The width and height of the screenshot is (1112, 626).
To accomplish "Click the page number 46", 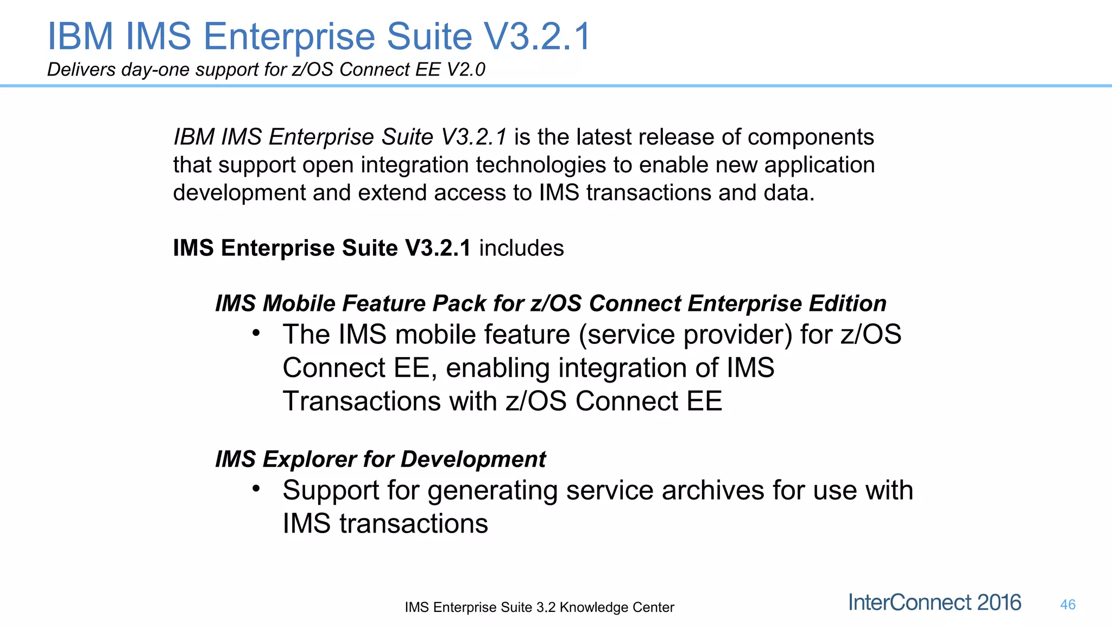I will point(1067,605).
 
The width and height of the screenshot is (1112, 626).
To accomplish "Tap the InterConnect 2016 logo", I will point(934,603).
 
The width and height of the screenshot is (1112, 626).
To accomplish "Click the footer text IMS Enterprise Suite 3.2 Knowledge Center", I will point(539,607).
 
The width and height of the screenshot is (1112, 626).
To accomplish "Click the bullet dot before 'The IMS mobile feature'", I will point(256,332).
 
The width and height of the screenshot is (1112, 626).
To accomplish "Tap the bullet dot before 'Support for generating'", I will point(256,488).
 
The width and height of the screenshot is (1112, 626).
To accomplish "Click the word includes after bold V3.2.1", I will point(521,248).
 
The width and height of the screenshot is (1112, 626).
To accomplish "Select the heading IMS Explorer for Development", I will point(380,459).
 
